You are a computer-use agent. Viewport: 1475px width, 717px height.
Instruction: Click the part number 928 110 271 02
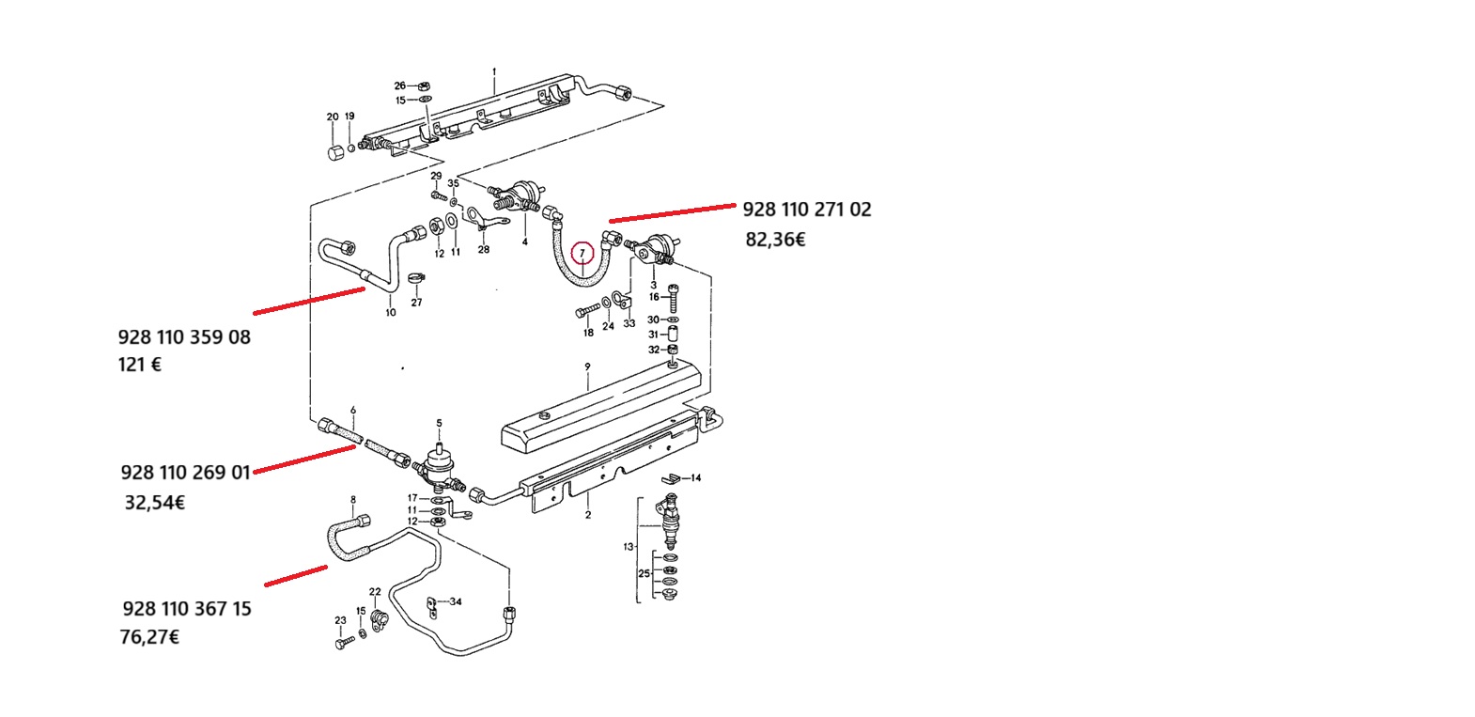tap(807, 210)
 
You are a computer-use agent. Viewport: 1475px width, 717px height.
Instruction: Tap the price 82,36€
tap(775, 240)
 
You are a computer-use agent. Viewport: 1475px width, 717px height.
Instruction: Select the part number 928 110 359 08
tap(184, 337)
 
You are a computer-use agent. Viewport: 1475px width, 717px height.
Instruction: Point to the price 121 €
tap(140, 365)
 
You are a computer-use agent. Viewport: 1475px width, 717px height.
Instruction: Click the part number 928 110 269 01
tap(186, 473)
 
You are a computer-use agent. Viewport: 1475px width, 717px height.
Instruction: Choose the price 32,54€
tap(155, 503)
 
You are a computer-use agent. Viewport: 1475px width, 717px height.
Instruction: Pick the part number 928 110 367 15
tap(187, 608)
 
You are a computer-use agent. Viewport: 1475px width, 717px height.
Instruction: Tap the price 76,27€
tap(149, 637)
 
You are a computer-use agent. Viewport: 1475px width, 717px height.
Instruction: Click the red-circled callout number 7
tap(582, 253)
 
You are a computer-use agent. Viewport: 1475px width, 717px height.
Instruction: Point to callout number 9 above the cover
tap(587, 366)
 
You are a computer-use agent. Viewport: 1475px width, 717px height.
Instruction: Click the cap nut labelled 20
tap(335, 153)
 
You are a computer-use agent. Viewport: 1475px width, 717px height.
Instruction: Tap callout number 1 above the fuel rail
tap(494, 71)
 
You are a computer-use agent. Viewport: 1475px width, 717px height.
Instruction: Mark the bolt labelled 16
tap(673, 298)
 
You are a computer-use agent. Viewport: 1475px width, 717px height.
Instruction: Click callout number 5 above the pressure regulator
tap(439, 424)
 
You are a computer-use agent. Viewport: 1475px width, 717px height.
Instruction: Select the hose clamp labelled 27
tap(415, 278)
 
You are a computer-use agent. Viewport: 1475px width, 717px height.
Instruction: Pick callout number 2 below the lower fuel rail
tap(588, 515)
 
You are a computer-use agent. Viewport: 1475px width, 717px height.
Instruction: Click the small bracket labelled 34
tap(432, 608)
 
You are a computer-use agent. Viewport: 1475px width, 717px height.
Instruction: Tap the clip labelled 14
tap(671, 478)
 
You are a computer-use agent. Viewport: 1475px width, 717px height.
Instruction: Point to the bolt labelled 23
tap(345, 643)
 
